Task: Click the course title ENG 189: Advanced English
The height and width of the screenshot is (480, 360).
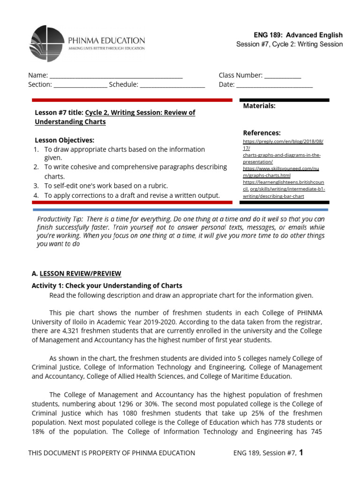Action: click(x=298, y=35)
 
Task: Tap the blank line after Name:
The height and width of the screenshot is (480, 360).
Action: click(x=116, y=76)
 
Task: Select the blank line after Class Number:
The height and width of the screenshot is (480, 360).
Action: click(x=283, y=76)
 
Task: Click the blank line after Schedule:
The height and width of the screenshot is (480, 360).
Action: click(x=172, y=85)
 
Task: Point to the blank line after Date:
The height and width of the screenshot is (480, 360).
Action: click(x=274, y=85)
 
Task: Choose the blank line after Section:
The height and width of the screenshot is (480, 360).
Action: click(x=80, y=85)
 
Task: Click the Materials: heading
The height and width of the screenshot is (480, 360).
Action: click(x=259, y=106)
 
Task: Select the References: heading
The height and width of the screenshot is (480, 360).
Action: click(x=262, y=133)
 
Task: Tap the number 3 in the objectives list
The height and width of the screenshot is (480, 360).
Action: click(x=36, y=186)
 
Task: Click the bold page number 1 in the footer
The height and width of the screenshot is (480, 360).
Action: click(x=301, y=452)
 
